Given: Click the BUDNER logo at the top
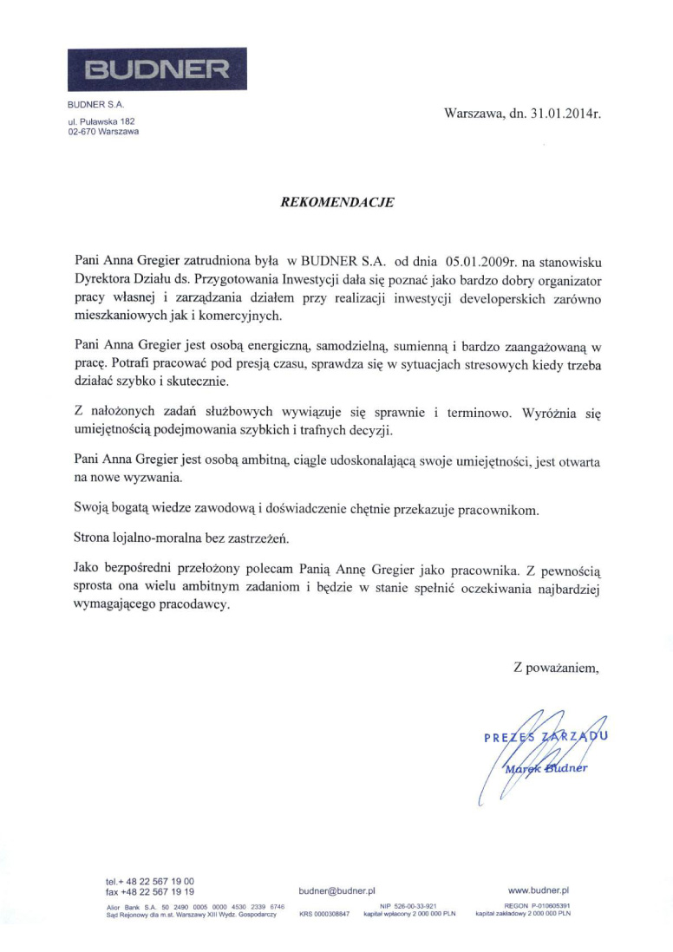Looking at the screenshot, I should [157, 70].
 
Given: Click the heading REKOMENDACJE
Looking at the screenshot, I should [336, 202].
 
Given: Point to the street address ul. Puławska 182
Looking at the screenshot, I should [101, 122].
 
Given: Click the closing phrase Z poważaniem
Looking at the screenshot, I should [556, 667].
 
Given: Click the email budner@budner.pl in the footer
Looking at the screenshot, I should [336, 890].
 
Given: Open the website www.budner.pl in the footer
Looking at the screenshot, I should [538, 890].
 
